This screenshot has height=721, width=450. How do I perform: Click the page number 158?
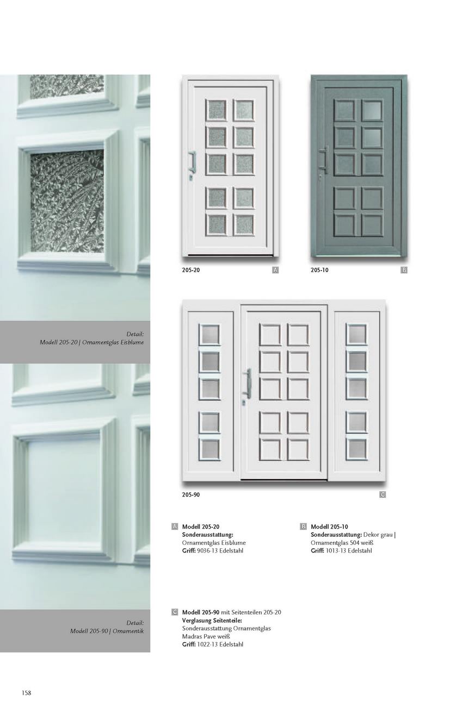27,693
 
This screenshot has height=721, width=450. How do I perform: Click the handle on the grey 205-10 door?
324,159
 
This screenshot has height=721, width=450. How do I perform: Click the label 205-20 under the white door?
191,270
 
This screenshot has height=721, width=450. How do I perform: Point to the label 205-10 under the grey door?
319,270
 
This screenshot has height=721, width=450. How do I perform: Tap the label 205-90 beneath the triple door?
191,495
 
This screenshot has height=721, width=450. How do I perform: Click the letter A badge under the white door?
275,270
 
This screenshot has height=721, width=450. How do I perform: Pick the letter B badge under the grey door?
404,270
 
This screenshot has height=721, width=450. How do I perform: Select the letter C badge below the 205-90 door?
383,495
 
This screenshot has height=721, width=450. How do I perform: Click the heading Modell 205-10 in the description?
329,527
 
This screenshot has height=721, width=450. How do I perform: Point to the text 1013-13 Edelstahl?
349,551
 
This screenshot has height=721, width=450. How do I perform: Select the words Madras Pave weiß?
206,636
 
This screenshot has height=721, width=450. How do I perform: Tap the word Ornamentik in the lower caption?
128,631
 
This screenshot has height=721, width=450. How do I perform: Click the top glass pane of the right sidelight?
356,335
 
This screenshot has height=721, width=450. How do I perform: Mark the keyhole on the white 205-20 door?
192,177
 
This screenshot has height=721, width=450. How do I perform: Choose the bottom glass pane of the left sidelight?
210,449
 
